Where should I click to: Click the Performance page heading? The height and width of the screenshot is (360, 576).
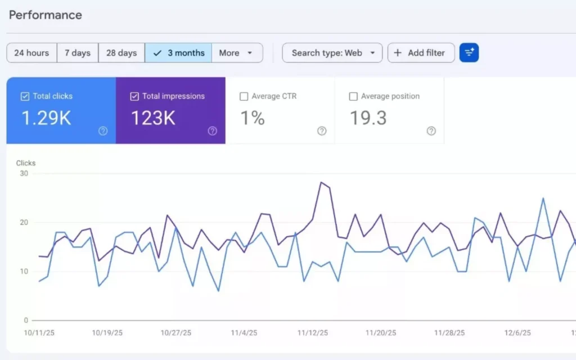(x=46, y=15)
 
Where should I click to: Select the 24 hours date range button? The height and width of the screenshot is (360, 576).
(x=31, y=53)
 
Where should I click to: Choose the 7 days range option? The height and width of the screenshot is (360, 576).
(x=78, y=53)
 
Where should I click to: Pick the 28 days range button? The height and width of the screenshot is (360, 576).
(x=121, y=53)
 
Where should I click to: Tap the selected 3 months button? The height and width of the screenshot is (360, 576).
(x=178, y=53)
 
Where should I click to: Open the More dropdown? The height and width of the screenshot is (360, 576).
(x=237, y=53)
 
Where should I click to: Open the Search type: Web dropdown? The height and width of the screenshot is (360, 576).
(x=332, y=53)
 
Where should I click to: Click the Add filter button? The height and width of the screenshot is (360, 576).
(x=421, y=53)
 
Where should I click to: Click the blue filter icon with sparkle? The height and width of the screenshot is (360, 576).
(x=469, y=53)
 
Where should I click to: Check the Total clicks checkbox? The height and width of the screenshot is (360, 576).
(x=25, y=97)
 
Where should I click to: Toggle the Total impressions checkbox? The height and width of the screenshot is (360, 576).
(x=134, y=97)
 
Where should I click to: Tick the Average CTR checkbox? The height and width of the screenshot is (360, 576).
(x=244, y=97)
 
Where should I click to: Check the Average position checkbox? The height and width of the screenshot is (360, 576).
(x=353, y=97)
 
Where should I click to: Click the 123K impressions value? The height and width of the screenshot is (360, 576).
(x=153, y=118)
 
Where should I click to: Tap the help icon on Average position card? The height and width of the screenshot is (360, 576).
(x=431, y=131)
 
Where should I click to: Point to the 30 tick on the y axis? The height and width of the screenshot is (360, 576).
(x=24, y=173)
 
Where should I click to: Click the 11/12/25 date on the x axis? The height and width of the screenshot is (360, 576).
(x=313, y=333)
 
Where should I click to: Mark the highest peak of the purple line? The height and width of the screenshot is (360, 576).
(x=321, y=182)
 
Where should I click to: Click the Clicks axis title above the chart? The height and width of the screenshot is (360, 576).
(x=26, y=163)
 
